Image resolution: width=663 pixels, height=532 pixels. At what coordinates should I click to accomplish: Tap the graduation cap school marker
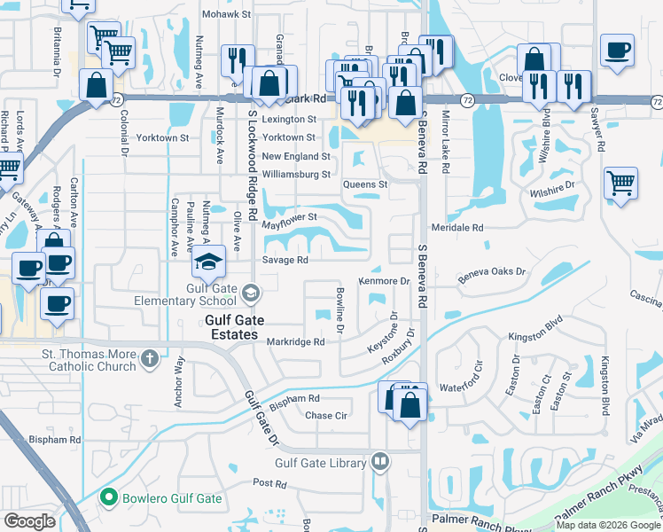tap(209, 262)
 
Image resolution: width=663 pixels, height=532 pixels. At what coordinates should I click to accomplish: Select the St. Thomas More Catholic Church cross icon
tap(150, 358)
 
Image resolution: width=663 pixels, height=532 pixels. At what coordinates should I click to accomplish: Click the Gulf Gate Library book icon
tap(380, 461)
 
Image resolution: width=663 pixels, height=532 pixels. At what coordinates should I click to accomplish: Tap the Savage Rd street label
tap(285, 260)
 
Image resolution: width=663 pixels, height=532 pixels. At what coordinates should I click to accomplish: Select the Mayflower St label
tap(289, 216)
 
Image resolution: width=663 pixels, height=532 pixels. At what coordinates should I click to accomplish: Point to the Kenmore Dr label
tap(383, 281)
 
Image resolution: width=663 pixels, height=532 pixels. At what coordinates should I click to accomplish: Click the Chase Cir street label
tap(326, 415)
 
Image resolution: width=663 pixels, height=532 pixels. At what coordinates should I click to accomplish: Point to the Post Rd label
tap(269, 483)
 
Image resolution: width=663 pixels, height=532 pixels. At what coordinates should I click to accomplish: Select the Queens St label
tap(366, 184)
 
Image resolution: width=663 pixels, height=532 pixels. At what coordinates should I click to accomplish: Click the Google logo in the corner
tap(30, 520)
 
